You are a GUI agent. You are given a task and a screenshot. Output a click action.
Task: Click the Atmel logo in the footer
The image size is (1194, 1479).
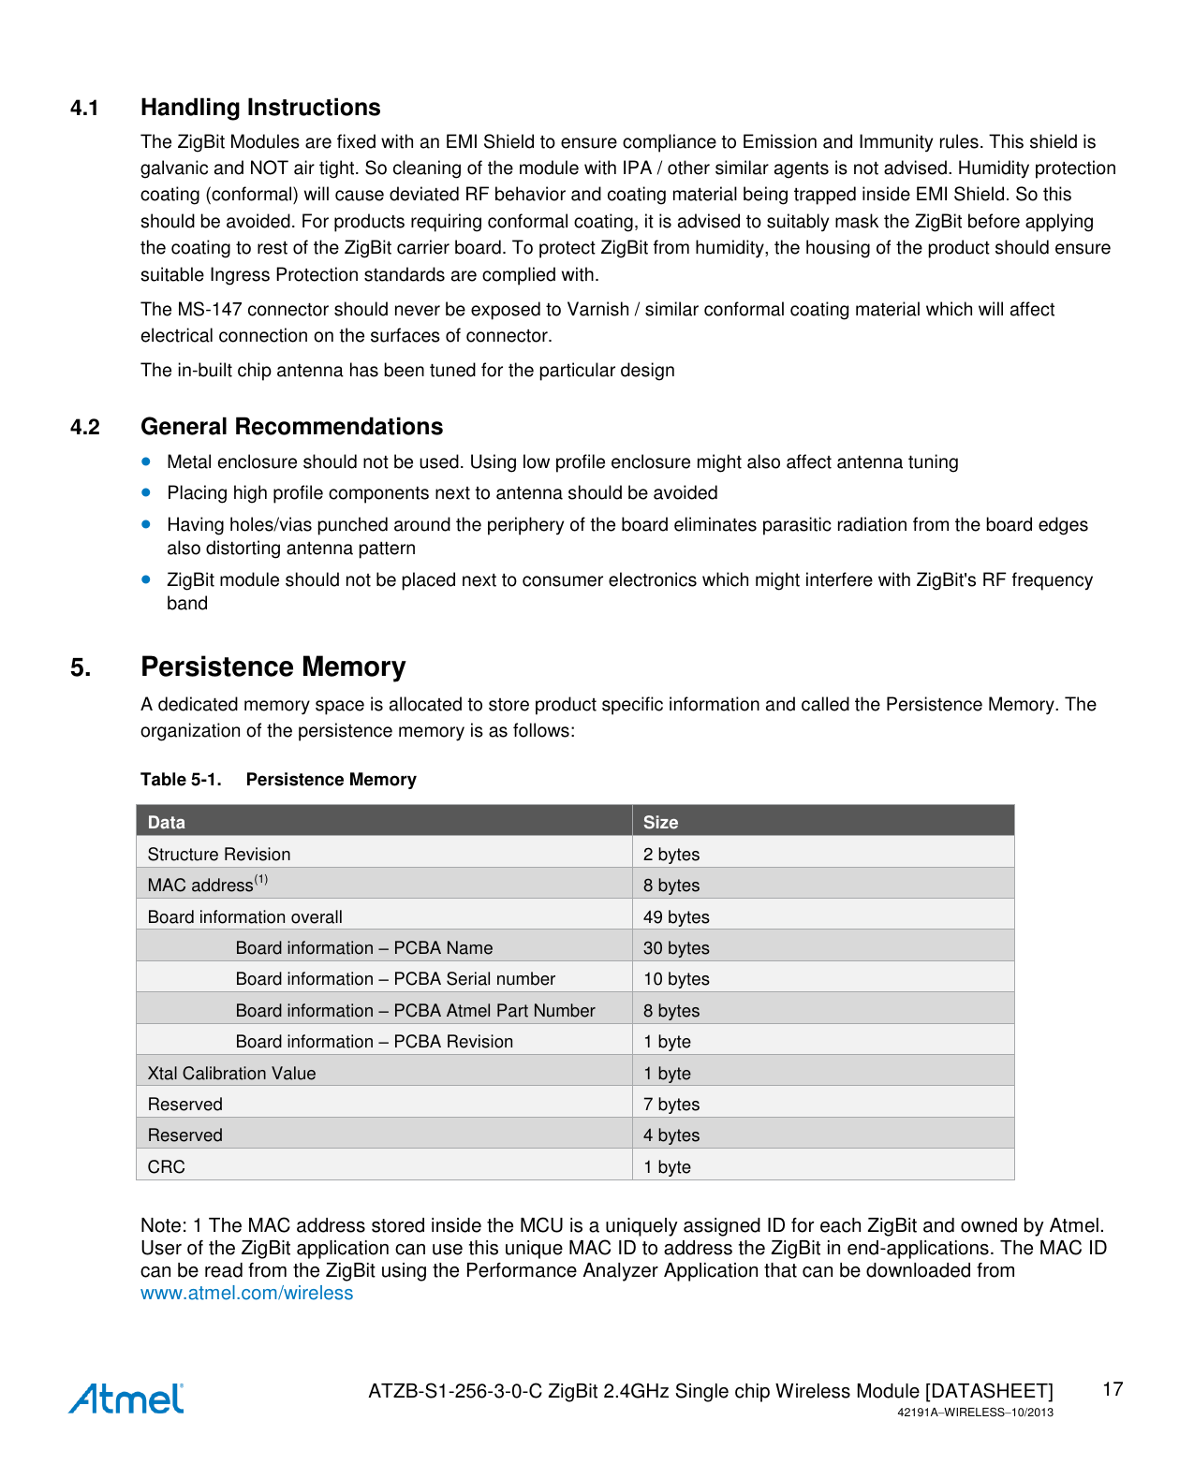[126, 1398]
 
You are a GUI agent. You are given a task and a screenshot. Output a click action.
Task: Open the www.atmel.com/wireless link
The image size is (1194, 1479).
[246, 1293]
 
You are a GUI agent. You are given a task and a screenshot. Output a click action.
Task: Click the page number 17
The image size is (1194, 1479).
[1112, 1389]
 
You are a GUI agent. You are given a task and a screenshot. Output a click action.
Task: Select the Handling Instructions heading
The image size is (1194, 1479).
[260, 108]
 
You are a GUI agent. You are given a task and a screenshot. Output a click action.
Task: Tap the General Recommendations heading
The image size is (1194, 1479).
[291, 427]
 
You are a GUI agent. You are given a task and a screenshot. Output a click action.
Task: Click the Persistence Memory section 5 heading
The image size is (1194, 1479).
[273, 666]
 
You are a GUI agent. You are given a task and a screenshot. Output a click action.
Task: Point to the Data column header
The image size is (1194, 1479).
[167, 822]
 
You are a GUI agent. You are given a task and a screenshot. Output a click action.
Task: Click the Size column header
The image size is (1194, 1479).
[660, 822]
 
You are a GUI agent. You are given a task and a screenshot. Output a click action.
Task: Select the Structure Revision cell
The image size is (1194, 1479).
[219, 854]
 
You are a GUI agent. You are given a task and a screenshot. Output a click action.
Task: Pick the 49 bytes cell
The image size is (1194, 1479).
[676, 916]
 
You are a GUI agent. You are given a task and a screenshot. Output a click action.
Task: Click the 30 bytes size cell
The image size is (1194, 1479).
[676, 947]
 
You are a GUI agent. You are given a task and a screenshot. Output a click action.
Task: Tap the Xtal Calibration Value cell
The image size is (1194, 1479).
[231, 1073]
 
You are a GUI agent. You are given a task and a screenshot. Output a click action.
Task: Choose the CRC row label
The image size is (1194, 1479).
[167, 1166]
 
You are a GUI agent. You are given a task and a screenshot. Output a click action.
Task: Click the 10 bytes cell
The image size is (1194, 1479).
[676, 978]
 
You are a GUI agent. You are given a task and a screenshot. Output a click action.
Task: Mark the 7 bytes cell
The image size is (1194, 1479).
[671, 1104]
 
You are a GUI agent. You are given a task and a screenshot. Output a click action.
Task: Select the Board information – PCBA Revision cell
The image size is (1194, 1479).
[374, 1041]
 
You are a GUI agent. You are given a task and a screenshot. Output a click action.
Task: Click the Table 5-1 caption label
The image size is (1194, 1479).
[181, 779]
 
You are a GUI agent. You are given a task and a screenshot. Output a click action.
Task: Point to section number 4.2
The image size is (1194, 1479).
[85, 428]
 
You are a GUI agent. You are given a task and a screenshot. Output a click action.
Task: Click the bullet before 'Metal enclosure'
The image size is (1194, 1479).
[146, 461]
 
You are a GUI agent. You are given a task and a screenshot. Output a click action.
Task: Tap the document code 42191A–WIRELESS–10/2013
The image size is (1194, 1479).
[975, 1413]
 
